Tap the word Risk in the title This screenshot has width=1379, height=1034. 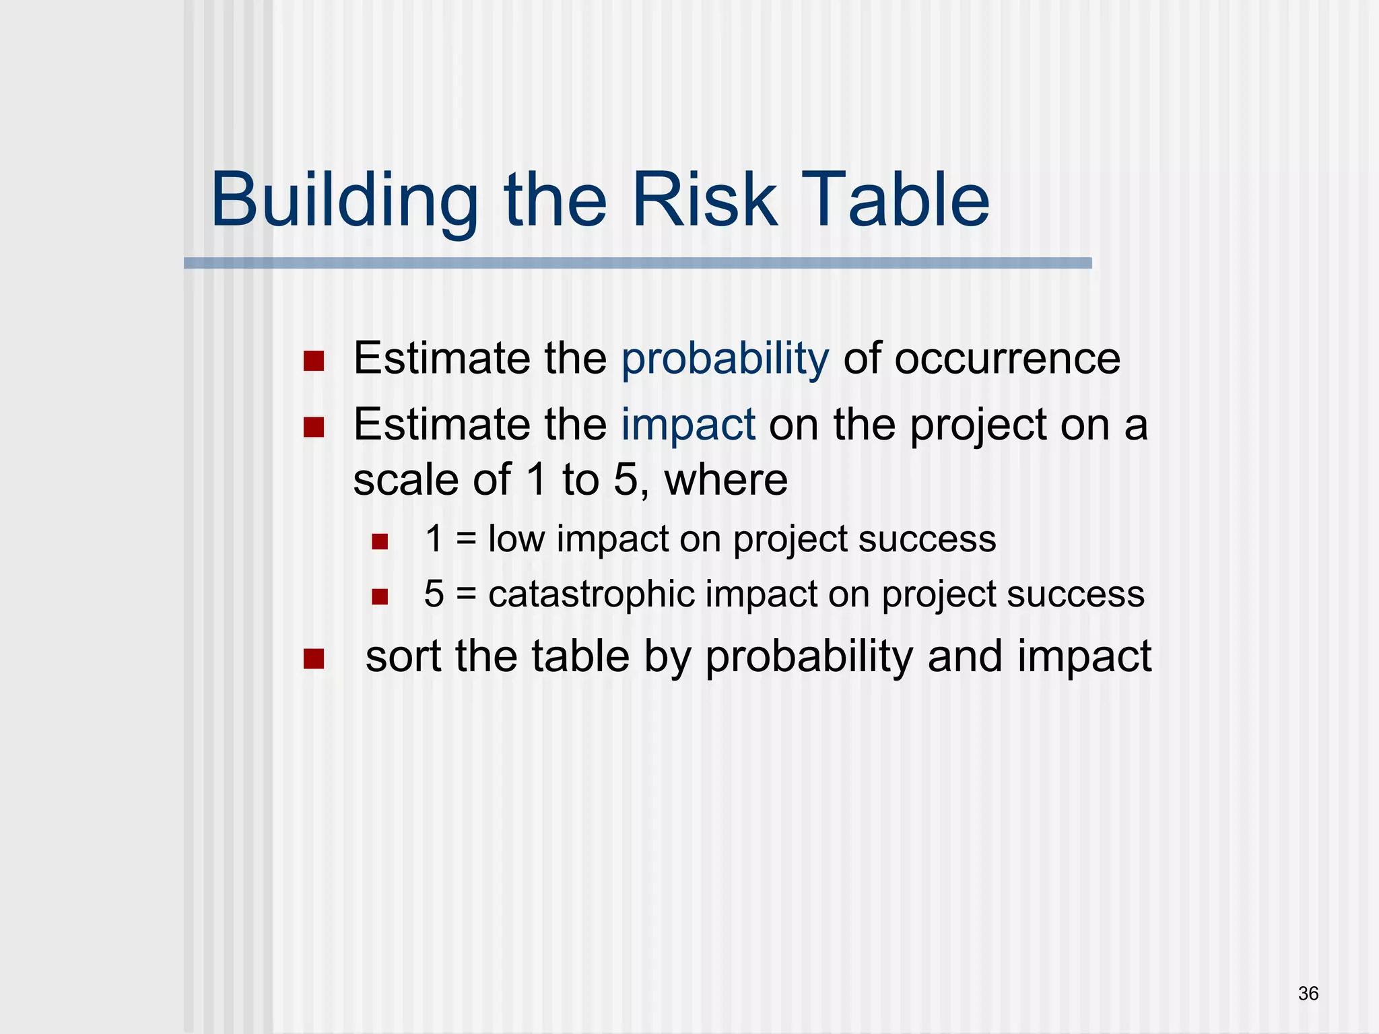(704, 201)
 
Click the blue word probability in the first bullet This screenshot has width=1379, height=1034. (725, 359)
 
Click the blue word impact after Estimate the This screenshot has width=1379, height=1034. (687, 425)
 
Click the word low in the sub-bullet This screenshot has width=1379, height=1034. (516, 539)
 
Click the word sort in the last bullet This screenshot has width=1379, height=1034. (403, 656)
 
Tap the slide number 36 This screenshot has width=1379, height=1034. (1308, 994)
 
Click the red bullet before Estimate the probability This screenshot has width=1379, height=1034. (314, 361)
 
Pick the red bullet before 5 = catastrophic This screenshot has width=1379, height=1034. (380, 597)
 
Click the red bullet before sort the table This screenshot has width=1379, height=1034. (314, 659)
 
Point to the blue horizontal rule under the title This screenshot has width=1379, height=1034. (637, 263)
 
